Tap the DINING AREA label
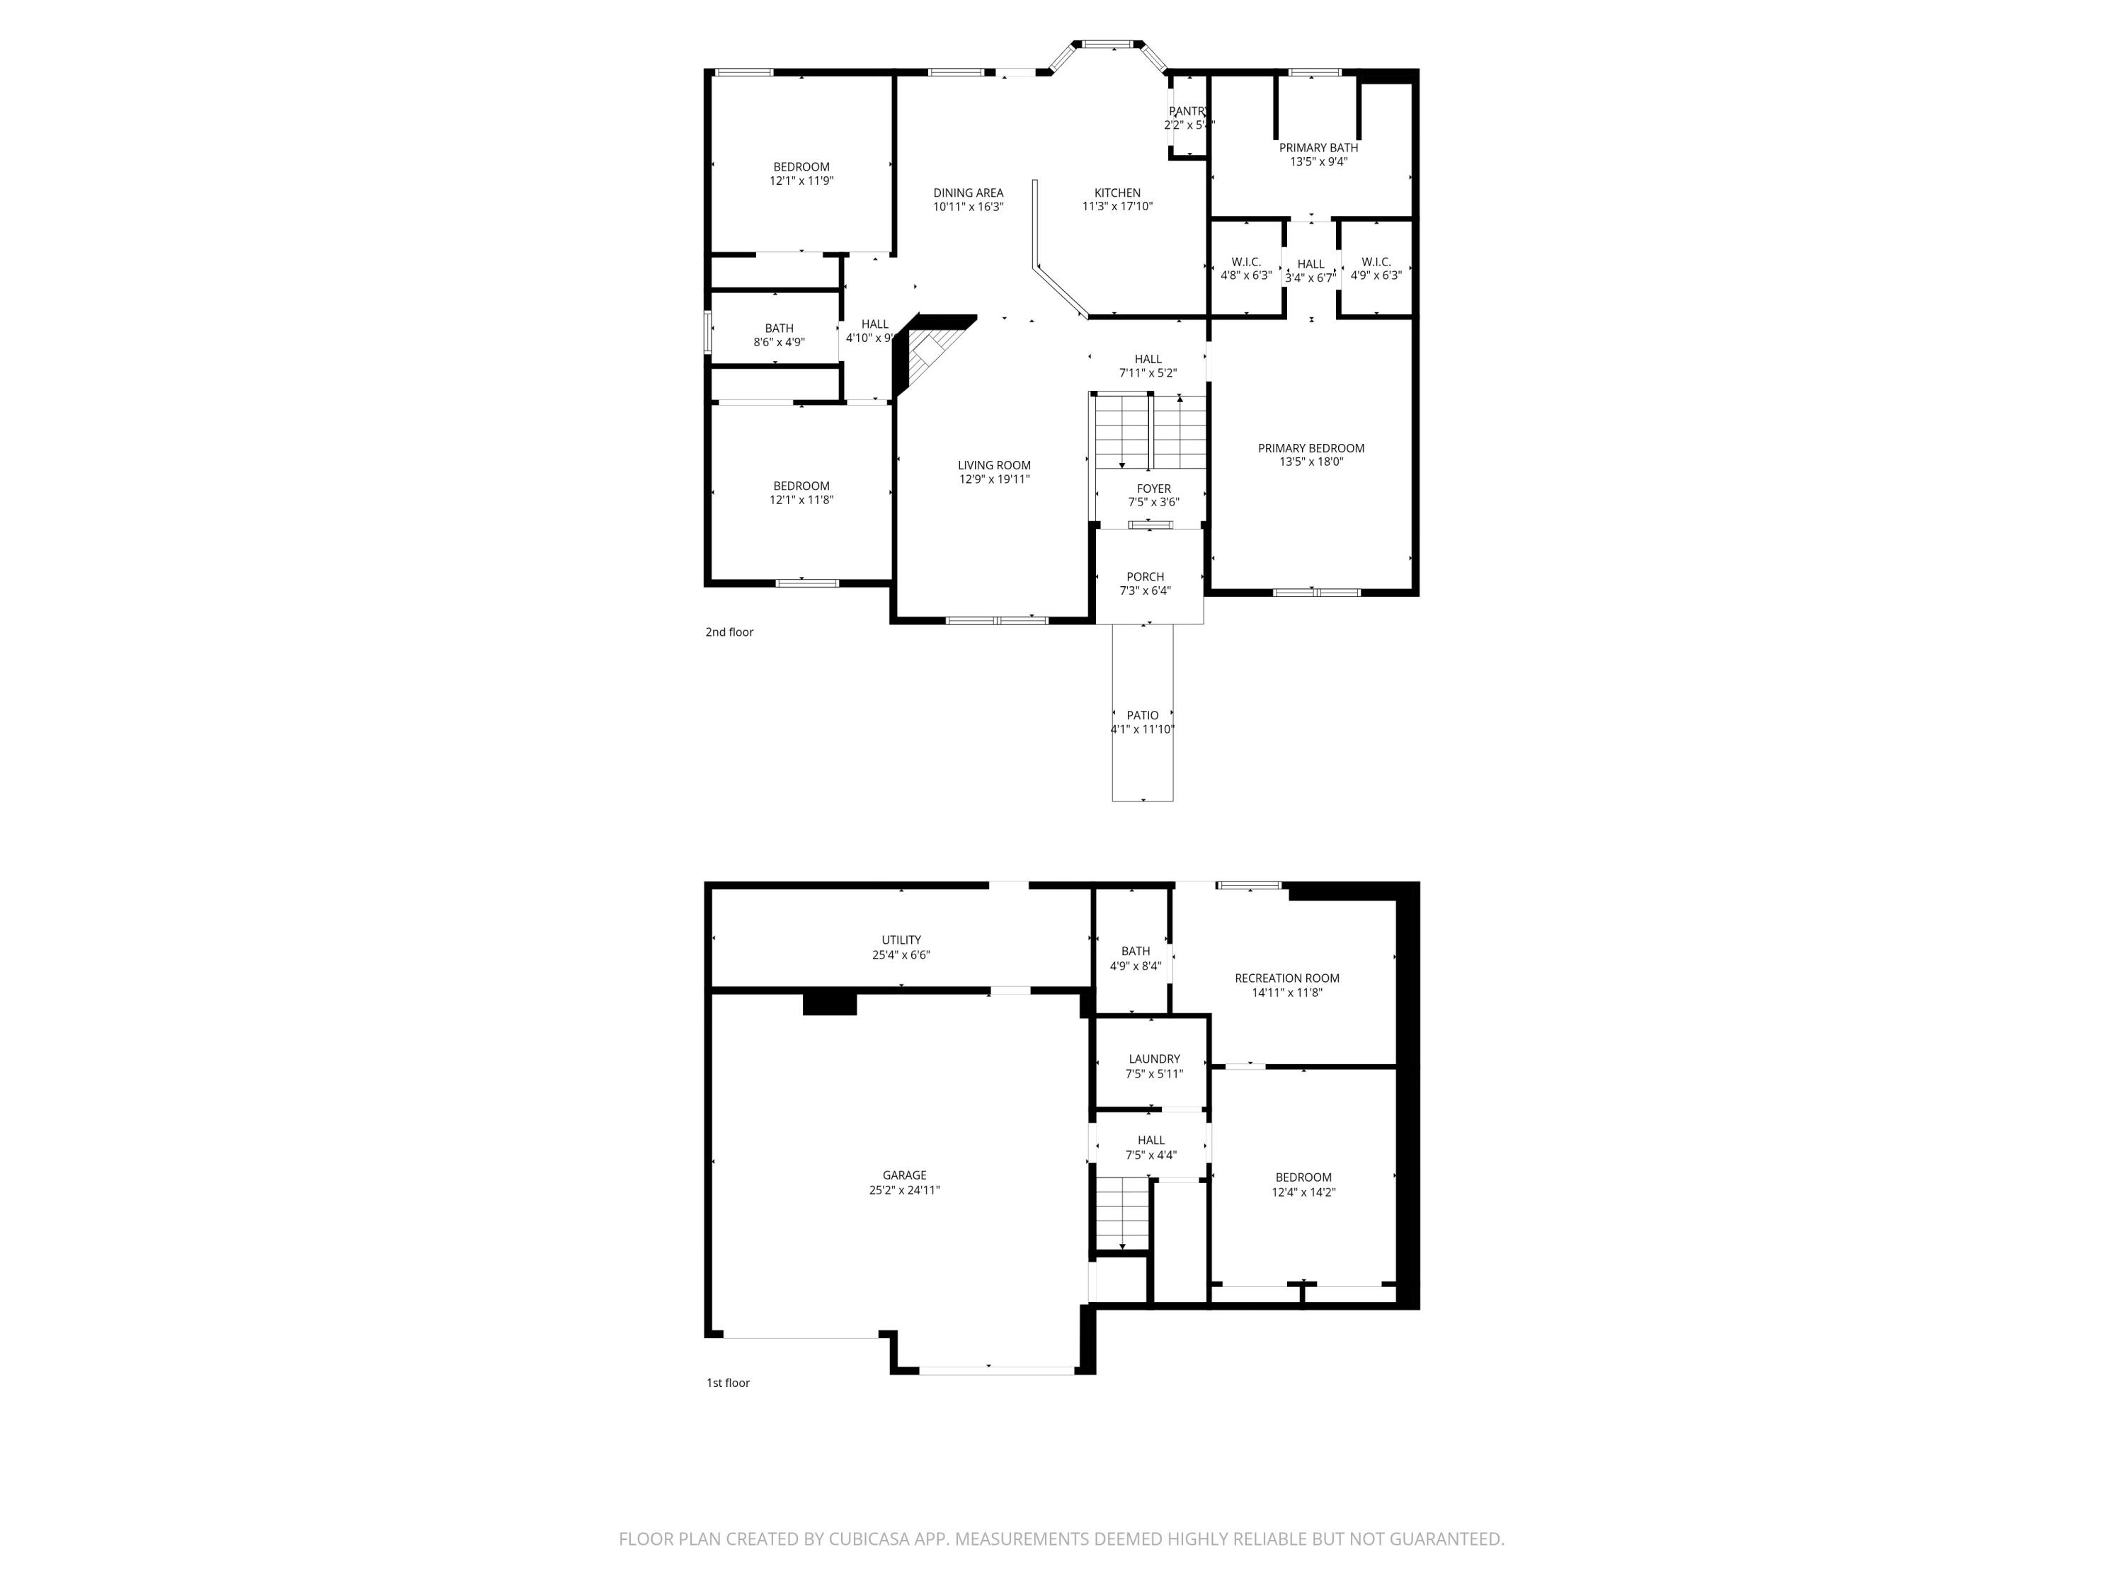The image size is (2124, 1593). (x=968, y=193)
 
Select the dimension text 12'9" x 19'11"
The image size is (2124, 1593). (x=994, y=479)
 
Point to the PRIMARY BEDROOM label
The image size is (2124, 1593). (x=1311, y=448)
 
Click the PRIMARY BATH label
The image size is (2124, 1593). (x=1318, y=148)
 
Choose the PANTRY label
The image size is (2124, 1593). (x=1187, y=111)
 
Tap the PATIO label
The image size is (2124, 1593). (x=1142, y=715)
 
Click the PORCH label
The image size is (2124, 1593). (x=1145, y=577)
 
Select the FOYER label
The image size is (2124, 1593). (x=1153, y=489)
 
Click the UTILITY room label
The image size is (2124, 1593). (x=901, y=940)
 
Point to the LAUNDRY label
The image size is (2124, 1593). (x=1154, y=1059)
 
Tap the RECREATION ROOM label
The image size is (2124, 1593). (x=1286, y=978)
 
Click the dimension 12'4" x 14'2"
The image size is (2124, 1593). (x=1303, y=1192)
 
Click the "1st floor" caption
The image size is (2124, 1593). (x=728, y=1383)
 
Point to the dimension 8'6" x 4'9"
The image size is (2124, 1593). (x=779, y=342)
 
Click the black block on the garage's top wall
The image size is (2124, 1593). (x=828, y=1003)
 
